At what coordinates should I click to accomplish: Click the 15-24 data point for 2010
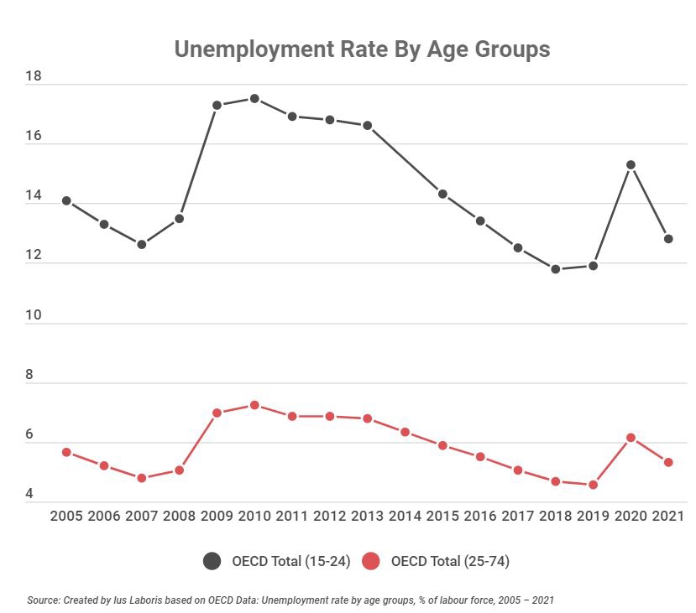(254, 99)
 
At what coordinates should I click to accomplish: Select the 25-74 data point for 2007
(141, 478)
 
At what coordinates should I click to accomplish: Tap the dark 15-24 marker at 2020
(631, 164)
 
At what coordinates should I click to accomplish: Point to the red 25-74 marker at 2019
(593, 485)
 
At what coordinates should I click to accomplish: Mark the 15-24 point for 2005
(66, 200)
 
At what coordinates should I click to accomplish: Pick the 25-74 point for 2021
(668, 462)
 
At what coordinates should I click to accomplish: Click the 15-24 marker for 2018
(555, 269)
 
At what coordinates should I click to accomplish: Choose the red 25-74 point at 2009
(217, 413)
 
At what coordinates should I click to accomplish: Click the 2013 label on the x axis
(367, 516)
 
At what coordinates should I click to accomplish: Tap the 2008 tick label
(179, 516)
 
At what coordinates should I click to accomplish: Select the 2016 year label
(479, 516)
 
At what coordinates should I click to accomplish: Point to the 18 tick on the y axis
(34, 76)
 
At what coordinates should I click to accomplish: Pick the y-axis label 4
(29, 494)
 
